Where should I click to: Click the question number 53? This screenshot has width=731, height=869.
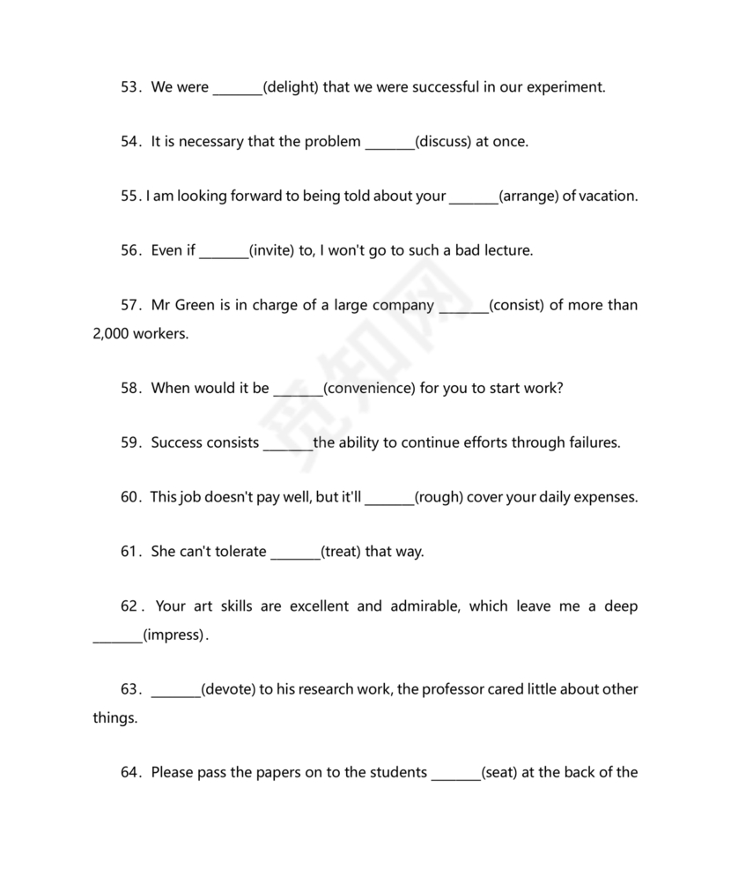coord(131,87)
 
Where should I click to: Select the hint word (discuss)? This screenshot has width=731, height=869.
coord(443,142)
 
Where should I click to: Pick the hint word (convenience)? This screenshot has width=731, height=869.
coord(369,389)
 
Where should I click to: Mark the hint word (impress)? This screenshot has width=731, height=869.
coord(174,635)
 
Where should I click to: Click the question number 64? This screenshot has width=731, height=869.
coord(131,773)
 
